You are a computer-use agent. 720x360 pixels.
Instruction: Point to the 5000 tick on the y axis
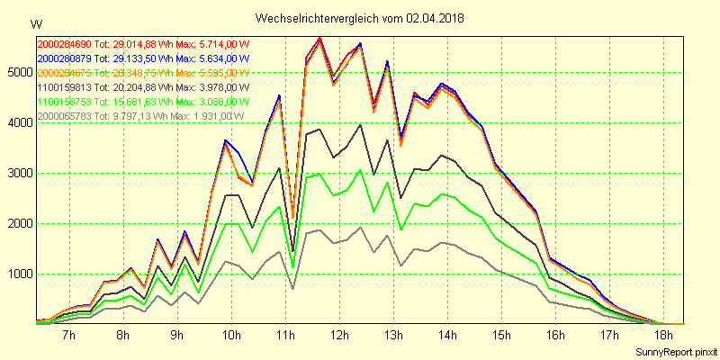18,72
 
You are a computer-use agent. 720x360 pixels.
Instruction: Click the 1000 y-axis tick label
18,274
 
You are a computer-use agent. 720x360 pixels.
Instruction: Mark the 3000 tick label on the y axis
18,173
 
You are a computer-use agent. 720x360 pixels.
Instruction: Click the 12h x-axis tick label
340,336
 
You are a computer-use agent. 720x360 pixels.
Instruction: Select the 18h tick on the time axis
663,336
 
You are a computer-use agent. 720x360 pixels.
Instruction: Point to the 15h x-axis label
501,336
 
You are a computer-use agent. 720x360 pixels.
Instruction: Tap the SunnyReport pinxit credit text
672,351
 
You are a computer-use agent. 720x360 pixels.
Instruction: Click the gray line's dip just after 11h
293,289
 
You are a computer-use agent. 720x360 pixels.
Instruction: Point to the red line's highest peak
320,38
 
